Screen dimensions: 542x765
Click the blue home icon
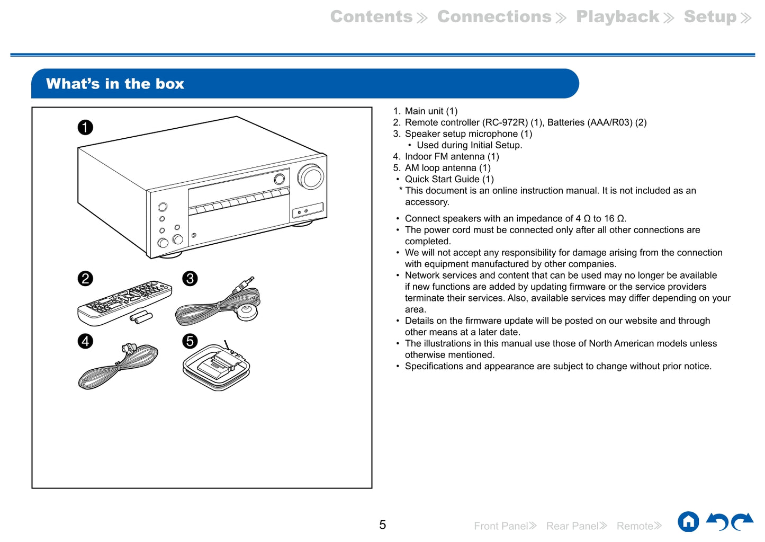click(x=688, y=522)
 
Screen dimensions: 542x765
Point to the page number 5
click(x=382, y=525)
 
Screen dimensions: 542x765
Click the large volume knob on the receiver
click(x=311, y=177)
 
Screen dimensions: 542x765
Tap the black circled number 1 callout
click(x=85, y=128)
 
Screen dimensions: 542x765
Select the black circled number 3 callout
click(x=190, y=279)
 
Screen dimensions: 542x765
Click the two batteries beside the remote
click(x=141, y=317)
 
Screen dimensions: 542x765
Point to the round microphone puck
click(x=246, y=312)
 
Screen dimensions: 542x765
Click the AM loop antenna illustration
click(x=216, y=367)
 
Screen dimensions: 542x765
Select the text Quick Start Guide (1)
click(x=449, y=179)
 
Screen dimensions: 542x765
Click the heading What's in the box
click(x=115, y=84)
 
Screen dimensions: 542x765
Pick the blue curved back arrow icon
click(x=717, y=522)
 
